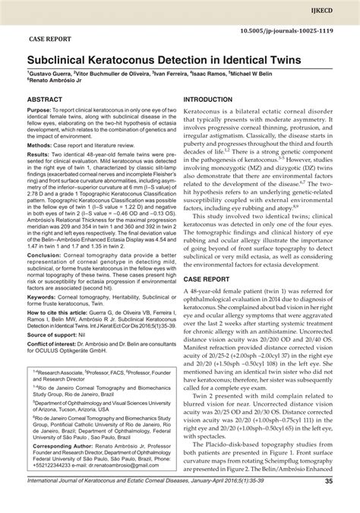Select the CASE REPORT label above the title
pyautogui.click(x=51, y=35)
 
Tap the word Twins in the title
pyautogui.click(x=276, y=58)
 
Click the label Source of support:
pyautogui.click(x=57, y=356)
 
